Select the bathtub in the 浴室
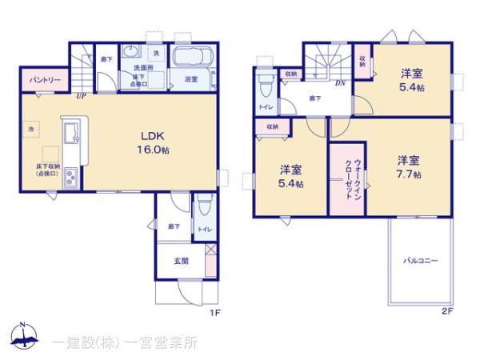(x=191, y=58)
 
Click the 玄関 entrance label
(x=181, y=261)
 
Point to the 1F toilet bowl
(x=205, y=209)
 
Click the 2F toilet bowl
(x=263, y=83)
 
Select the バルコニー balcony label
(x=419, y=261)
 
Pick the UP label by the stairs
(x=81, y=97)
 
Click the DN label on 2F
(x=340, y=82)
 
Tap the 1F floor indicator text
(x=215, y=313)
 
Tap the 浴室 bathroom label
(x=191, y=79)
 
